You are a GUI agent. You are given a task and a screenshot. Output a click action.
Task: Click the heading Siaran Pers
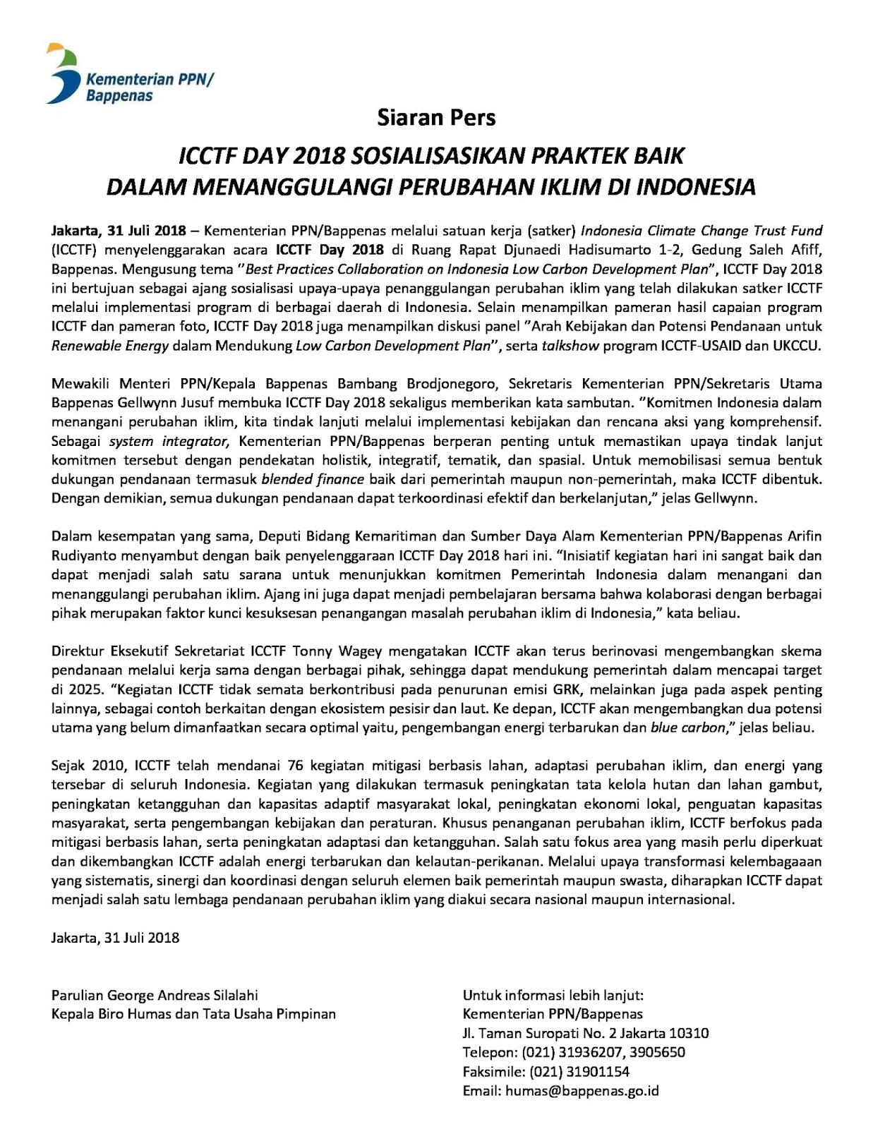pyautogui.click(x=436, y=117)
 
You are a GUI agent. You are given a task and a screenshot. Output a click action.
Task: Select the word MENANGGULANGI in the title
pyautogui.click(x=289, y=186)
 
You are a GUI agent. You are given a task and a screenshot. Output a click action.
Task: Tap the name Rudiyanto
pyautogui.click(x=83, y=555)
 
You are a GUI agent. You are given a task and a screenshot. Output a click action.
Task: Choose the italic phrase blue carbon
pyautogui.click(x=688, y=727)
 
